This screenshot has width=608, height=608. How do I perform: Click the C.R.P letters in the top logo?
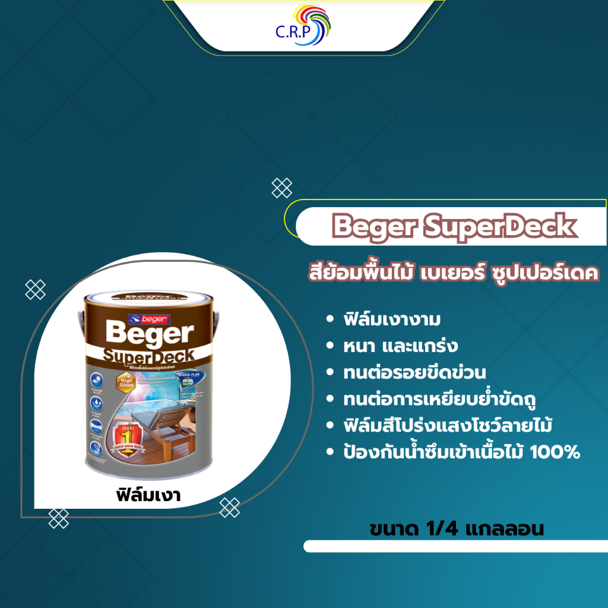(x=289, y=32)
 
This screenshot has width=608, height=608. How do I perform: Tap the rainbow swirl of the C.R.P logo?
(x=317, y=26)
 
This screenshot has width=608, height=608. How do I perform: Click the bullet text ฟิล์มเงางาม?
(x=391, y=319)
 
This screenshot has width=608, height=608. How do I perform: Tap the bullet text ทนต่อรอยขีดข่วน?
(x=414, y=373)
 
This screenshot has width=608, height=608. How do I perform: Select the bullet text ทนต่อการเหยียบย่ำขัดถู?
(x=440, y=400)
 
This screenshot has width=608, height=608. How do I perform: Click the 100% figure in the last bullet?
(x=556, y=453)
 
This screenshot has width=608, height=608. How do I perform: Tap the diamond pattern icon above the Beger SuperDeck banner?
(x=281, y=188)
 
